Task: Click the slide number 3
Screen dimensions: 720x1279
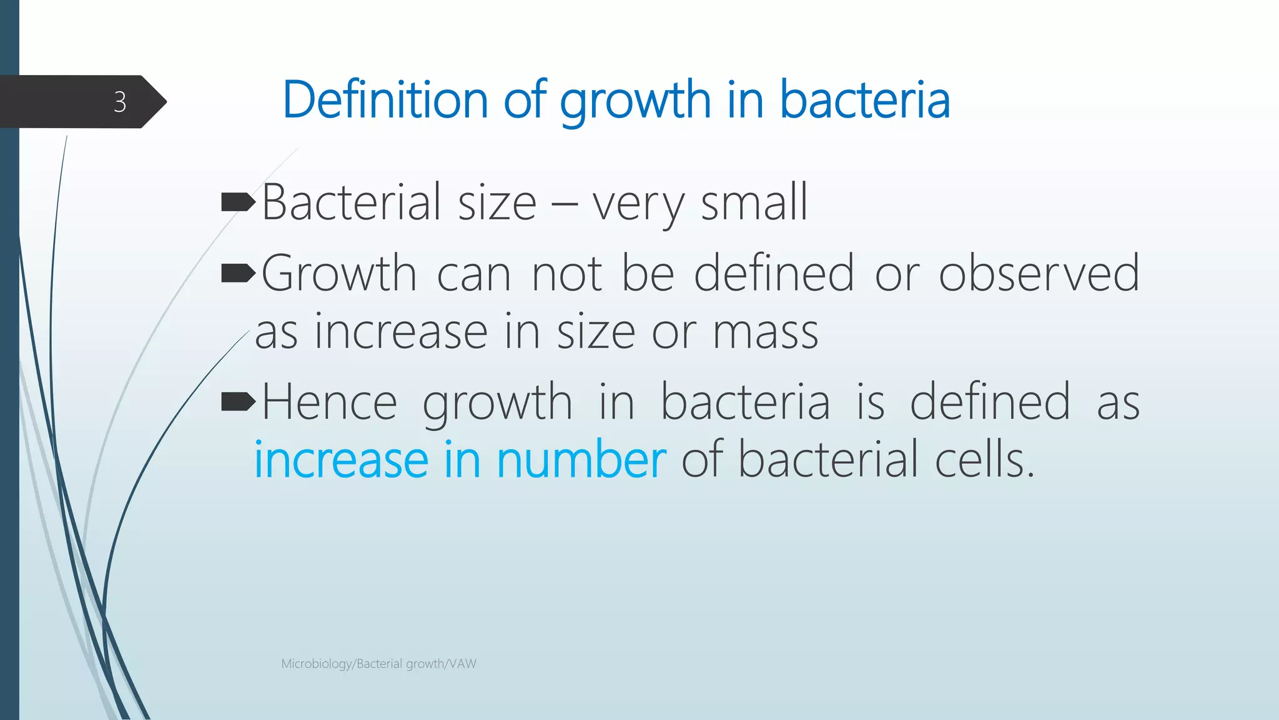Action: pyautogui.click(x=120, y=102)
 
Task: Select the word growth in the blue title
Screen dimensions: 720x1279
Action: pyautogui.click(x=635, y=101)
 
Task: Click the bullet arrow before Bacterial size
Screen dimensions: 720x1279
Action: pyautogui.click(x=238, y=202)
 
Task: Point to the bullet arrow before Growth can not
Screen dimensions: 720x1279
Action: pyautogui.click(x=238, y=273)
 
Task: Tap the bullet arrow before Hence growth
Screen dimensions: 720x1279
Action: pyautogui.click(x=238, y=402)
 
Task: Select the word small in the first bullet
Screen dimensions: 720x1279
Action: pyautogui.click(x=754, y=202)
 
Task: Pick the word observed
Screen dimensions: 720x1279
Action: pyautogui.click(x=1039, y=273)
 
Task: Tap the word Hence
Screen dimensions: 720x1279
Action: pyautogui.click(x=330, y=402)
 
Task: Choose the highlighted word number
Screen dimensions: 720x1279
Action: pyautogui.click(x=581, y=460)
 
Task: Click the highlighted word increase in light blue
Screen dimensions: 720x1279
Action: pyautogui.click(x=341, y=460)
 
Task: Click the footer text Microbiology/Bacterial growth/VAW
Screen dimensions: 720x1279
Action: pyautogui.click(x=378, y=664)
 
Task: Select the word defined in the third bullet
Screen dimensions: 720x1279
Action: pyautogui.click(x=990, y=402)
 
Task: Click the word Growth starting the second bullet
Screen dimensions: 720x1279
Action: pyautogui.click(x=339, y=273)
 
